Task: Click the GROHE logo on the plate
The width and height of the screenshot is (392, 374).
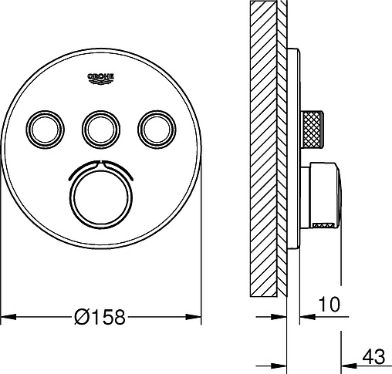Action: pyautogui.click(x=101, y=79)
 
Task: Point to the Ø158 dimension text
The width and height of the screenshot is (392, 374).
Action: pyautogui.click(x=100, y=317)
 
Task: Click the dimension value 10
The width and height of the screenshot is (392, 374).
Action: pyautogui.click(x=329, y=304)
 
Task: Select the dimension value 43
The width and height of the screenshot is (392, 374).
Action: pyautogui.click(x=373, y=356)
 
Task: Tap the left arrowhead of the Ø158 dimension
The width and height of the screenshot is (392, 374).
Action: pyautogui.click(x=8, y=317)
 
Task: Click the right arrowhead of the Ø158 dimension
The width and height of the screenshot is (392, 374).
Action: pyautogui.click(x=194, y=317)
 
